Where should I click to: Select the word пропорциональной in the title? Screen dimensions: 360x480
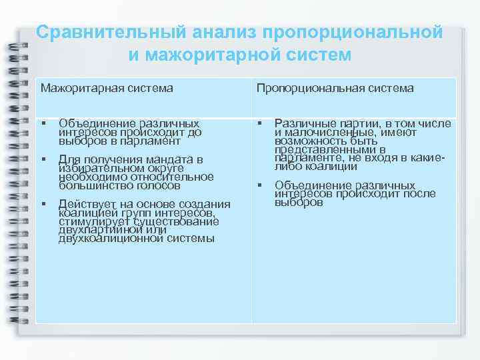pos(353,32)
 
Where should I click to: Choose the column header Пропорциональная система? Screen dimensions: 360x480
pos(335,88)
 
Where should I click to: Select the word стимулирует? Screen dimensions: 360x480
pos(94,221)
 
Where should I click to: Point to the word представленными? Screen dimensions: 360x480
pos(320,149)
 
